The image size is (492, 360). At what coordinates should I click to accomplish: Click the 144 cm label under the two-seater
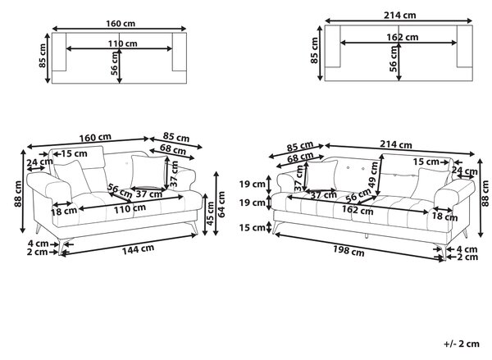coord(138,249)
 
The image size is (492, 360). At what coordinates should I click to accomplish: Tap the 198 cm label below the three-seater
coord(348,250)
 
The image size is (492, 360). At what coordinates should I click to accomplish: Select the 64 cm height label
coord(221,204)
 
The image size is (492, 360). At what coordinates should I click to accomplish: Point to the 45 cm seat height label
coord(210,213)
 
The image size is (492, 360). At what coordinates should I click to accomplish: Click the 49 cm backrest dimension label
coord(373,175)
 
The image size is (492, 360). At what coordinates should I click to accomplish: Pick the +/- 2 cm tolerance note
coord(462,344)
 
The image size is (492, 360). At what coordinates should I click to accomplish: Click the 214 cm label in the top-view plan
coord(400,15)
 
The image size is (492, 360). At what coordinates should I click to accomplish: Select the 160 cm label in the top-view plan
coord(121,24)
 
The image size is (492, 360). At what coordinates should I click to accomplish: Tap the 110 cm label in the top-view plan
coord(123,43)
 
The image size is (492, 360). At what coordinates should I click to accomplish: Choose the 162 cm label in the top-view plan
coord(403,37)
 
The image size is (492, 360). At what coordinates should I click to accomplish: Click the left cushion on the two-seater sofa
coord(72,178)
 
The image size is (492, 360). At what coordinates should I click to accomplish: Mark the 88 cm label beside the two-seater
coord(18,194)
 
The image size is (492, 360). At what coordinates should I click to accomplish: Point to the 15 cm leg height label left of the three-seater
coord(253,227)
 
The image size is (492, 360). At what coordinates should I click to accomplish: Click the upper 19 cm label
coord(253,184)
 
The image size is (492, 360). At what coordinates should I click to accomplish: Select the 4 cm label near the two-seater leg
coord(38,244)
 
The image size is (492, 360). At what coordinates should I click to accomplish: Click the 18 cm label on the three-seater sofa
coord(445,216)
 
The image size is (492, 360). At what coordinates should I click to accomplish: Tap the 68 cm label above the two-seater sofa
coord(173,149)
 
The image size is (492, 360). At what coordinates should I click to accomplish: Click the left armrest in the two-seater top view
coord(59,52)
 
